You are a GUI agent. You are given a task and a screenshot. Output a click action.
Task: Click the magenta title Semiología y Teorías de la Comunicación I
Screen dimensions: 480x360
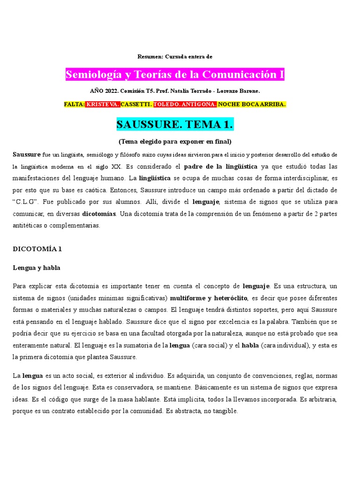[x=175, y=75]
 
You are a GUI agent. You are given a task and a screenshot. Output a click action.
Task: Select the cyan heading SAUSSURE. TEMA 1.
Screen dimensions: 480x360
[x=175, y=125]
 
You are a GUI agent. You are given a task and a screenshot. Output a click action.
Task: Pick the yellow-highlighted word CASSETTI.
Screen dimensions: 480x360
[x=136, y=105]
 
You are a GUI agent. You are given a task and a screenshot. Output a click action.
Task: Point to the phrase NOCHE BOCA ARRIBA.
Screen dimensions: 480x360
[x=252, y=105]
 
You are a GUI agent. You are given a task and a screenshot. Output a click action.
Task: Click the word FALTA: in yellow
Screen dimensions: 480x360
[x=75, y=105]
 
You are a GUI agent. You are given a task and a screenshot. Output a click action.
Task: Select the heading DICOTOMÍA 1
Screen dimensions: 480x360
[x=37, y=249]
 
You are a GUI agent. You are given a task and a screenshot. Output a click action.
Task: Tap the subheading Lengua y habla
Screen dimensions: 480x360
[x=36, y=268]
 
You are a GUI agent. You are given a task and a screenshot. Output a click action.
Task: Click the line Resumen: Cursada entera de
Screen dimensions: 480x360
[x=175, y=57]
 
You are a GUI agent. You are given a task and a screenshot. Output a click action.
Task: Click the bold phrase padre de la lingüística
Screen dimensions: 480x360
[x=221, y=166]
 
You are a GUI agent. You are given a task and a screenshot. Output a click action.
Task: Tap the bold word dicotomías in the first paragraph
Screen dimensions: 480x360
[x=99, y=214]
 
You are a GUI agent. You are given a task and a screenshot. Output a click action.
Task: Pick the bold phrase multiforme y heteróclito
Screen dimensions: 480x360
[x=209, y=298]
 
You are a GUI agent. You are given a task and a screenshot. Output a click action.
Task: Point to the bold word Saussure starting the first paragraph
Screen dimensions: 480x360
[x=27, y=154]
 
